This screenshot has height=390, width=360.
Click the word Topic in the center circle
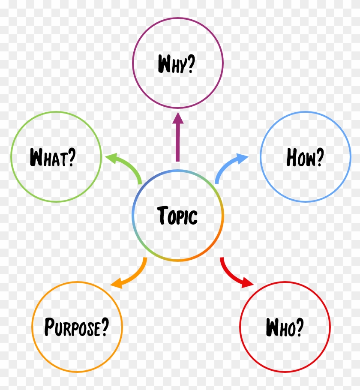click(x=177, y=216)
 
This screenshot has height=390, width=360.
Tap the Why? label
click(x=177, y=64)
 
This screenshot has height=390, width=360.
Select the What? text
click(x=53, y=157)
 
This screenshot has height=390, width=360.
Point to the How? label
click(x=305, y=157)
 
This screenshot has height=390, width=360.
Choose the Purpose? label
click(x=77, y=327)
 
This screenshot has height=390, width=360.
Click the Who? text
click(x=285, y=327)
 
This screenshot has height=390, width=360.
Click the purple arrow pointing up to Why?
click(x=177, y=137)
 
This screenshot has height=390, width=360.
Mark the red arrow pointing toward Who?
click(x=231, y=275)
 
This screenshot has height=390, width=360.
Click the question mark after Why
click(x=191, y=64)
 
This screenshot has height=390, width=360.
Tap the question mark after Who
click(x=299, y=327)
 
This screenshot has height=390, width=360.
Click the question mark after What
click(x=72, y=157)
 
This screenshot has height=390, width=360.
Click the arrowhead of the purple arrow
click(x=178, y=118)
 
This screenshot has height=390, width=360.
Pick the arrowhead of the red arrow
click(x=247, y=283)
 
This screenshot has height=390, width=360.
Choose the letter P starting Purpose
click(x=49, y=326)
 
